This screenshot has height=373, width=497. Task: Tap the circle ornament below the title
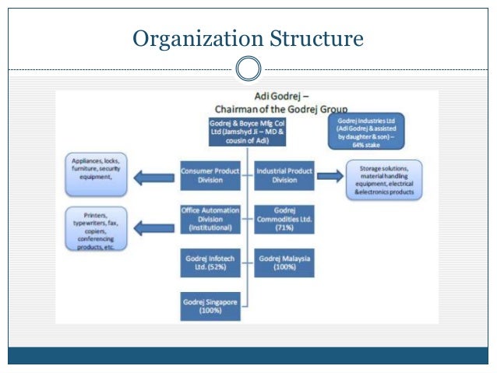pos(248,69)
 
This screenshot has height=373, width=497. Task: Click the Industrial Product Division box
pos(284,175)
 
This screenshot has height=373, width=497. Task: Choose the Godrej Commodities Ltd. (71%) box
pos(284,219)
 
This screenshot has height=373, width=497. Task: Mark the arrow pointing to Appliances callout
pos(154,178)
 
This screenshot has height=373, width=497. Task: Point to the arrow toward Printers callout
pos(154,227)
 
